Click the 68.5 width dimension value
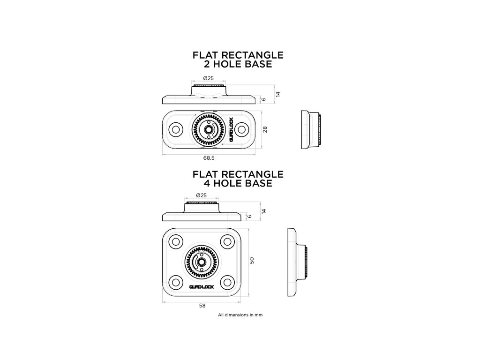click(210, 159)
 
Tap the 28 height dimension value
click(265, 129)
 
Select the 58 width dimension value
click(202, 305)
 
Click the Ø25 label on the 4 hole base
click(201, 195)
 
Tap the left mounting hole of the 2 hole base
click(176, 129)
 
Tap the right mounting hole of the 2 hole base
click(242, 129)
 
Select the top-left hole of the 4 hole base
click(176, 241)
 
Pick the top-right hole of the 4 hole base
click(228, 241)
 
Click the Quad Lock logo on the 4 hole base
click(202, 287)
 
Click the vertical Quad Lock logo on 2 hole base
click(231, 129)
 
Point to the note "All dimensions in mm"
click(240, 315)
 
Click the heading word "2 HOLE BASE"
click(238, 64)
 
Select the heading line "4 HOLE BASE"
click(238, 183)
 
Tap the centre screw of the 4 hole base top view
click(202, 262)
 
